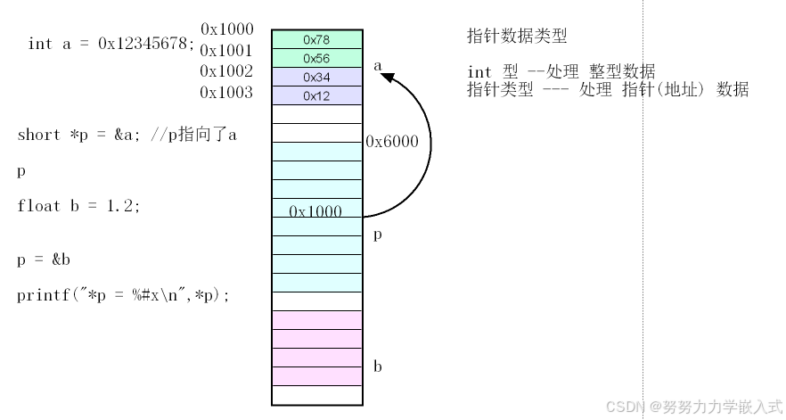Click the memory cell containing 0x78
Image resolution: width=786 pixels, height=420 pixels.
(x=317, y=39)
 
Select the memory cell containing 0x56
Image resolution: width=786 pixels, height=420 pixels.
(x=317, y=58)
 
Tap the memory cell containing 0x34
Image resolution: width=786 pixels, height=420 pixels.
(x=317, y=77)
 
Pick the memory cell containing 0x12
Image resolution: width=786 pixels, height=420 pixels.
(x=317, y=95)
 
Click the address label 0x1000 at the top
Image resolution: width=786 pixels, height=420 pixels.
(x=226, y=29)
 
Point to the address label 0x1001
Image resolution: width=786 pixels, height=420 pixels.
(x=226, y=51)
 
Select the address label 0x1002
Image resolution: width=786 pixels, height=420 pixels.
(x=226, y=71)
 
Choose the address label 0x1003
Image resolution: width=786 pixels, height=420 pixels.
(x=226, y=92)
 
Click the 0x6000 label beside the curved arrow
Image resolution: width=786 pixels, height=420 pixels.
(x=392, y=141)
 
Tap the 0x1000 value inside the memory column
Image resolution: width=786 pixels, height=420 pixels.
(x=316, y=210)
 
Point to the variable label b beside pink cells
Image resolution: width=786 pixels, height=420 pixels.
(x=378, y=366)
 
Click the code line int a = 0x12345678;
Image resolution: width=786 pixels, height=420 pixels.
(x=111, y=44)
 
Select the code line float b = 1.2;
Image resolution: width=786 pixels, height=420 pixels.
(x=78, y=206)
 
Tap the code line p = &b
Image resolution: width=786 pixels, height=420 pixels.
(x=43, y=259)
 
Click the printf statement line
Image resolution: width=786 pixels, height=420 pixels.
(x=123, y=295)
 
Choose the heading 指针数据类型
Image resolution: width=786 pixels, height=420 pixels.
(x=517, y=37)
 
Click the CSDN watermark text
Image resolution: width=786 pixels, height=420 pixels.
(x=693, y=407)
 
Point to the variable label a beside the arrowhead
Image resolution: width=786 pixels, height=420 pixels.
(x=378, y=65)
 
